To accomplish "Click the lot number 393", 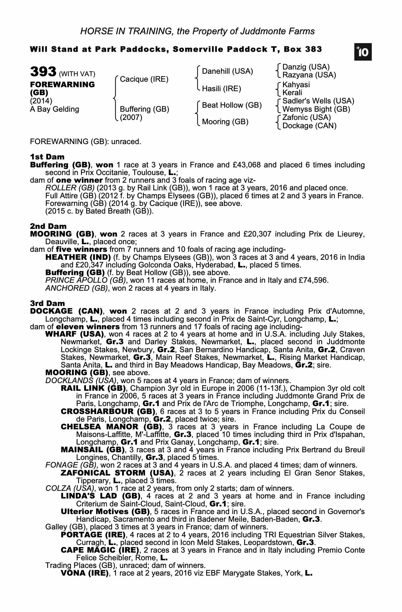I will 43,72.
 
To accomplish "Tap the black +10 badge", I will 363,52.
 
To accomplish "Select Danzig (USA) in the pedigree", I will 306,67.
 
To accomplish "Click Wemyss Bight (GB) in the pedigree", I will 316,109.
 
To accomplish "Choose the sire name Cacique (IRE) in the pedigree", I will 144,79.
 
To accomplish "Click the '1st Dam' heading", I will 47,157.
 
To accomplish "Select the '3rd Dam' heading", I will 47,303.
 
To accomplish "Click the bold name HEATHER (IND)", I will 78,257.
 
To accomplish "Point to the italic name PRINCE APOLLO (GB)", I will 86,280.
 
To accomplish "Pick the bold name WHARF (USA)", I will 75,334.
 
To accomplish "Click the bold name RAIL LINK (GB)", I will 93,388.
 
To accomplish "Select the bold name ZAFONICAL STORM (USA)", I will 117,473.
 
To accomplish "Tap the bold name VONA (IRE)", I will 85,573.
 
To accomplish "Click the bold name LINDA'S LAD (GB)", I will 101,496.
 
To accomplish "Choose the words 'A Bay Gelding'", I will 54,109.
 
